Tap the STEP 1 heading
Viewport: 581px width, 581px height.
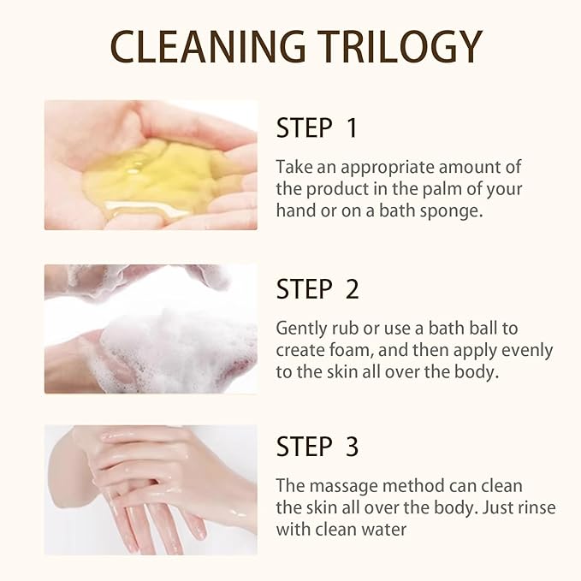[317, 128]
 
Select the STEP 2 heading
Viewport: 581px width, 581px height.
[317, 289]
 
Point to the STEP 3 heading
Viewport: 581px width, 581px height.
[317, 447]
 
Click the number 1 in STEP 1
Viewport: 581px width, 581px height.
[351, 128]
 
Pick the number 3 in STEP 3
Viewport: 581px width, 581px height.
[351, 447]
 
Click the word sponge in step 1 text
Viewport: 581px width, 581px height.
[453, 210]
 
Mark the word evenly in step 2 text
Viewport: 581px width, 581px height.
[528, 351]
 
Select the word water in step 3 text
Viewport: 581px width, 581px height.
[385, 530]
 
